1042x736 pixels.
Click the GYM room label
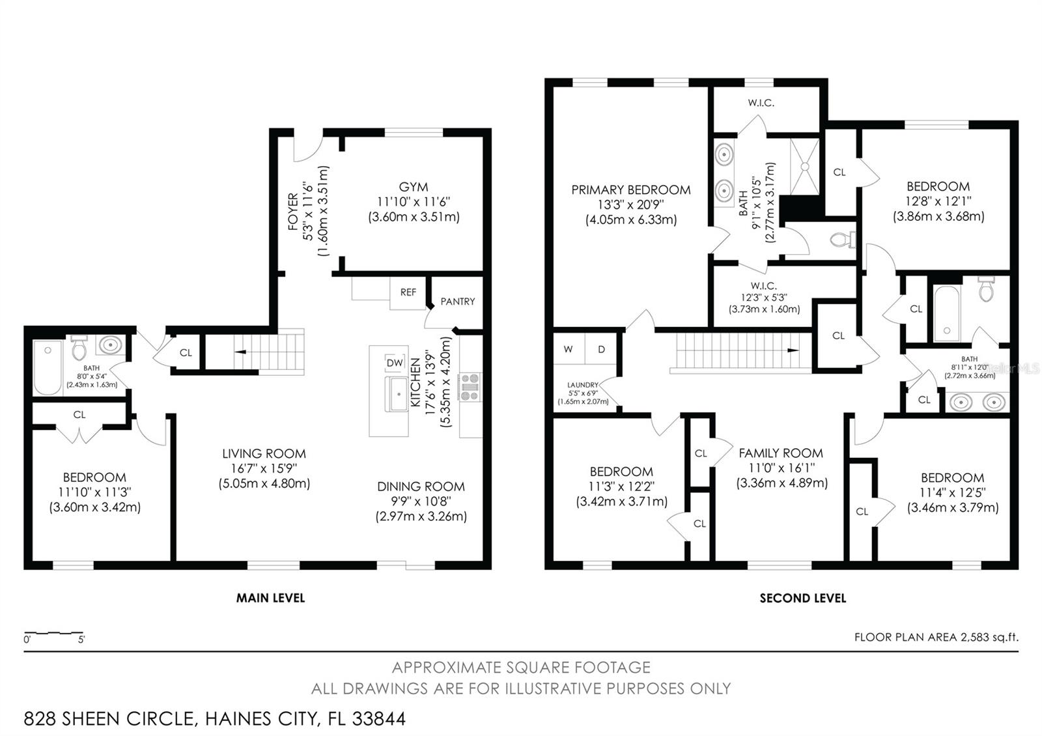(414, 187)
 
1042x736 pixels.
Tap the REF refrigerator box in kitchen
(408, 292)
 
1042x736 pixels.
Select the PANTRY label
(457, 302)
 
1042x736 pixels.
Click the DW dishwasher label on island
(395, 363)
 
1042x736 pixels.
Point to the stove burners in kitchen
(470, 387)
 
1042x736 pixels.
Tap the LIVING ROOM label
(264, 453)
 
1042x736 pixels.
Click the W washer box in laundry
(569, 349)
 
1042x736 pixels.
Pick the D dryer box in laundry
(601, 349)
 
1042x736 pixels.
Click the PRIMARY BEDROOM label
(630, 190)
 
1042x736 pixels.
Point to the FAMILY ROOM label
(781, 453)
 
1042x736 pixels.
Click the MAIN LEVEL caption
(270, 598)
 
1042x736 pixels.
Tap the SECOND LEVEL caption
(803, 598)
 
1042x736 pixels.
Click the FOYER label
(293, 211)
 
